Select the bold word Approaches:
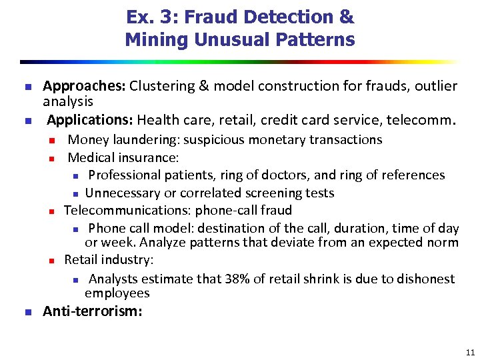pyautogui.click(x=84, y=86)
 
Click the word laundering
pyautogui.click(x=142, y=139)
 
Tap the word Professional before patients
pyautogui.click(x=122, y=175)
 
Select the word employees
pyautogui.click(x=117, y=293)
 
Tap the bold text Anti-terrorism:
pyautogui.click(x=93, y=311)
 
